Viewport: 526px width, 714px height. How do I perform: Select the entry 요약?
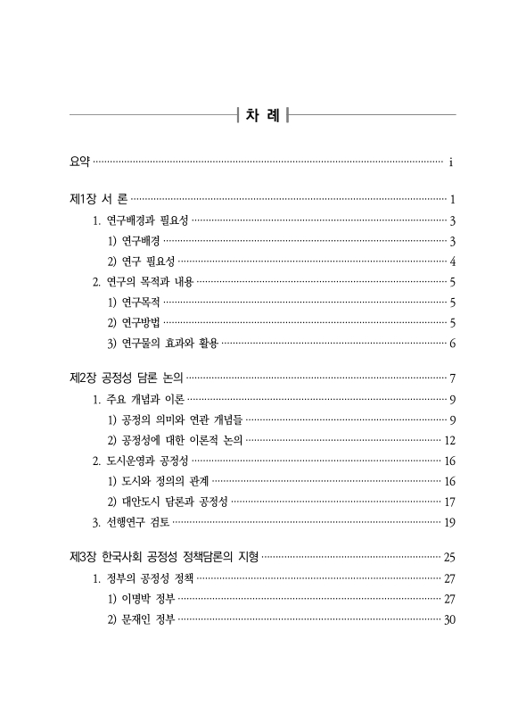coord(79,162)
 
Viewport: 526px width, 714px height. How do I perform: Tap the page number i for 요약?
coord(452,162)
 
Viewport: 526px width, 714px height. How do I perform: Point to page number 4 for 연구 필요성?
coord(453,262)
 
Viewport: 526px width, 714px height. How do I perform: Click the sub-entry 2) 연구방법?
coord(134,322)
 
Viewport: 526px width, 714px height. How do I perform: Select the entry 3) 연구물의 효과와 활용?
coord(162,344)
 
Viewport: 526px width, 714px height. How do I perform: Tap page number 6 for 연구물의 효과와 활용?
coord(453,344)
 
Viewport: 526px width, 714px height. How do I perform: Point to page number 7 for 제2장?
coord(453,378)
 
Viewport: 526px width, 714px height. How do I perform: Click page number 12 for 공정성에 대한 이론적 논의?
coord(449,440)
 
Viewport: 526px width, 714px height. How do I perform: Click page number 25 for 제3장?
coord(449,558)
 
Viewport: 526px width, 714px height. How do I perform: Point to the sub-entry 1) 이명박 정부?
coord(140,599)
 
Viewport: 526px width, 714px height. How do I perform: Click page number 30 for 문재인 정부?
coord(449,619)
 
